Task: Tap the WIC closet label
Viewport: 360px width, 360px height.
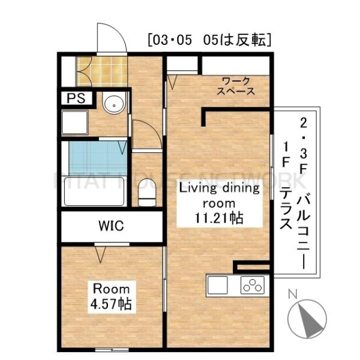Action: click(x=111, y=227)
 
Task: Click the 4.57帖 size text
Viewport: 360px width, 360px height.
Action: click(x=111, y=303)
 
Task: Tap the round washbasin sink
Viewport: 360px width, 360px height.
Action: click(x=112, y=105)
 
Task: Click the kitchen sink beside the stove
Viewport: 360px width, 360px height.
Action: click(x=218, y=284)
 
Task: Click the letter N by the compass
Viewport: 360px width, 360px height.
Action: click(x=292, y=294)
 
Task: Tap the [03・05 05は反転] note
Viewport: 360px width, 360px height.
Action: click(x=209, y=40)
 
